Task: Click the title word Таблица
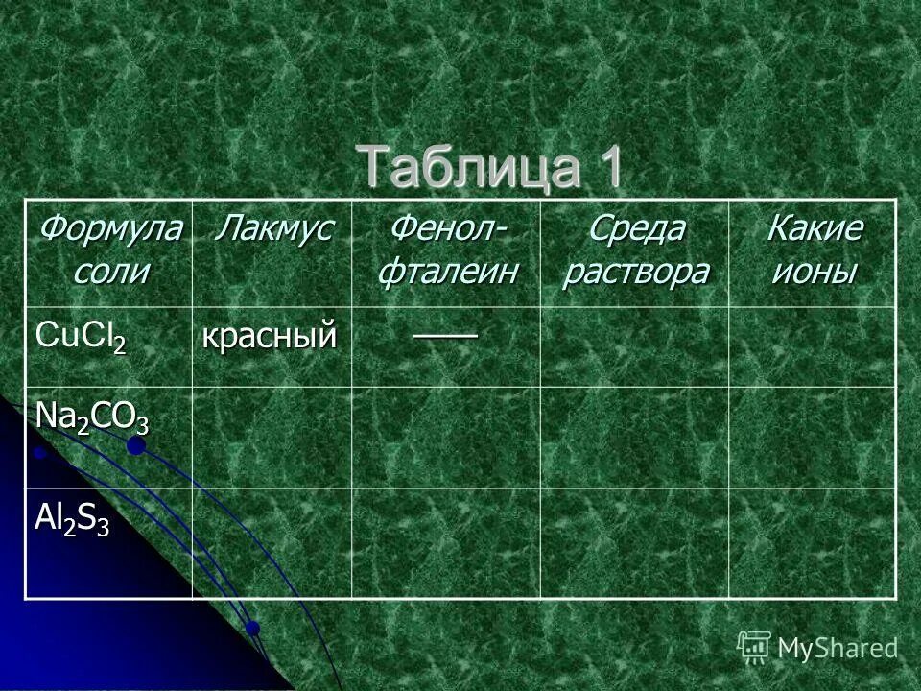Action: [470, 167]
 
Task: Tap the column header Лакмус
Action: [272, 230]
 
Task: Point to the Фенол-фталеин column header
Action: [446, 250]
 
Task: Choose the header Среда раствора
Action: [635, 250]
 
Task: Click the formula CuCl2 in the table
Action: [81, 336]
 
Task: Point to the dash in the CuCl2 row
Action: [446, 332]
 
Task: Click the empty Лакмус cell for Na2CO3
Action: [272, 437]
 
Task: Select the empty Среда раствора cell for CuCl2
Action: [634, 346]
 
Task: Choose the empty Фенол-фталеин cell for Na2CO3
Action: [446, 437]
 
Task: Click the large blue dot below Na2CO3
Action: [136, 444]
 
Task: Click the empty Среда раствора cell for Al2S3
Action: [634, 542]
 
